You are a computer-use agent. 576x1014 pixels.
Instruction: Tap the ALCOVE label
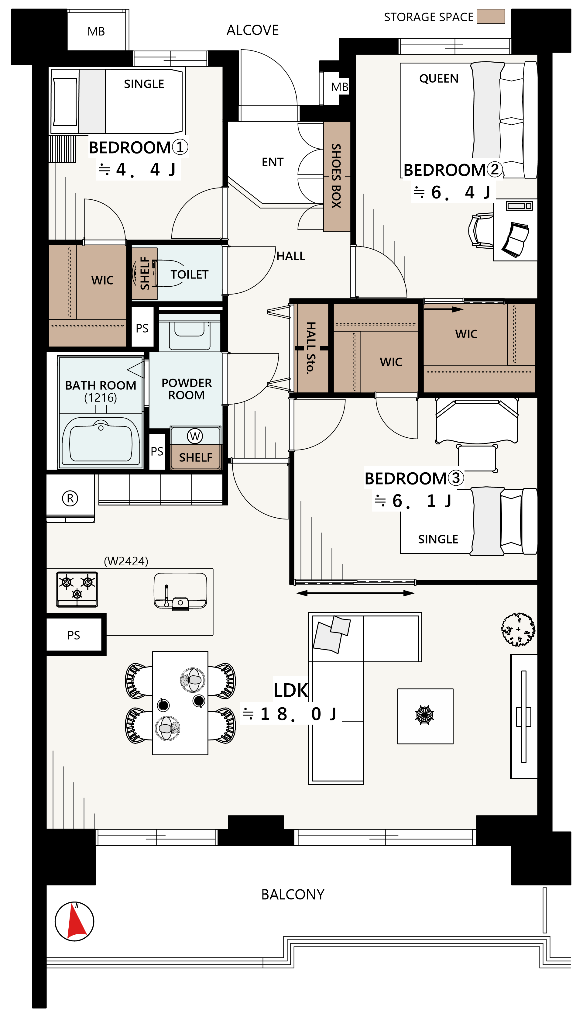tap(252, 30)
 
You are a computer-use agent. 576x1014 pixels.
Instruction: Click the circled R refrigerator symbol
tap(70, 498)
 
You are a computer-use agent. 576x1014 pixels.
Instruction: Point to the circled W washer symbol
tap(195, 436)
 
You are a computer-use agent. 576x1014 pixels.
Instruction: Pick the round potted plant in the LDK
tap(518, 629)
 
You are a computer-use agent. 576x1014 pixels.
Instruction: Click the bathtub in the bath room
tap(101, 440)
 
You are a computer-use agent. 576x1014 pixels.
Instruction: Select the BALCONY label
tap(293, 894)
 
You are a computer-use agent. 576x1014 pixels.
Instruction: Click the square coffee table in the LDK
tap(425, 716)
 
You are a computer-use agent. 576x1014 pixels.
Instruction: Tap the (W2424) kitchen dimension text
tap(126, 561)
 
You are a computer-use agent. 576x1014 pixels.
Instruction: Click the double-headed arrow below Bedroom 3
tap(355, 593)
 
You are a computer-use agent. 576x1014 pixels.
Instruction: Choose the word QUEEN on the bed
tap(439, 78)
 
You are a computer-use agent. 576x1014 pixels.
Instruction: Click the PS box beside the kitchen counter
tap(74, 635)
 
